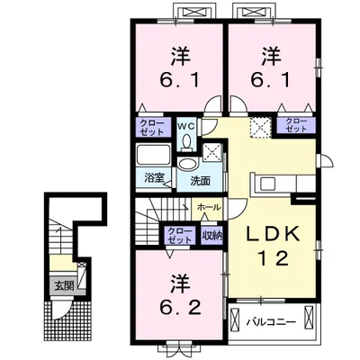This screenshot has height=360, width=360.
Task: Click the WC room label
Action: click(x=185, y=126)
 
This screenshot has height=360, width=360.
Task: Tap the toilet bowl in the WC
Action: click(x=186, y=141)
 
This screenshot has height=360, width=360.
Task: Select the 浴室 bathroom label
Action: click(x=154, y=178)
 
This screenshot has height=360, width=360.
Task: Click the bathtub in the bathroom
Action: click(x=153, y=155)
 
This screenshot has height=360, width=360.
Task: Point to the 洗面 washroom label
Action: click(x=201, y=180)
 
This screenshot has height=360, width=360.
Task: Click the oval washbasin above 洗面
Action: click(x=186, y=165)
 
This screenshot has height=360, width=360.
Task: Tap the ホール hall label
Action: click(x=209, y=207)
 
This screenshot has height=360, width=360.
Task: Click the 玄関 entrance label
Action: click(x=64, y=286)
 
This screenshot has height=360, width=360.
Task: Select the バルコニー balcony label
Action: click(x=271, y=322)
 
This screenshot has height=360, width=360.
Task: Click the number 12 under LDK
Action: click(x=274, y=258)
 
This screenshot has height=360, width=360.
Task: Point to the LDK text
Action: click(x=273, y=233)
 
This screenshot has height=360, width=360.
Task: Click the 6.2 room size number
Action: click(x=180, y=307)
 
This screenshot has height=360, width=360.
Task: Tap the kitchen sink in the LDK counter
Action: click(x=267, y=184)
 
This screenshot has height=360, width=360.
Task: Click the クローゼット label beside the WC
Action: click(x=152, y=128)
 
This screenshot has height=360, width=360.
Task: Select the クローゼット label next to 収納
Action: click(x=179, y=236)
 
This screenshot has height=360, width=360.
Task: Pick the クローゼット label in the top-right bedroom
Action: click(x=296, y=125)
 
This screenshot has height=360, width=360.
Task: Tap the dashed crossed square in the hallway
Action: click(x=261, y=127)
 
